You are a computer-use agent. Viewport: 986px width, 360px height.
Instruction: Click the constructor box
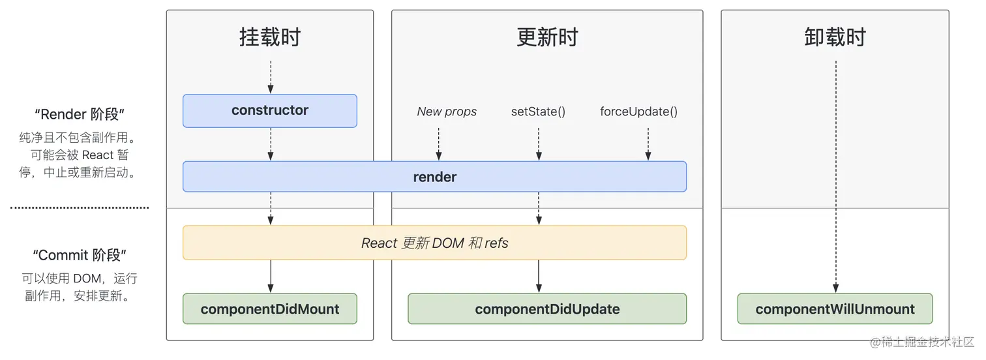[269, 110]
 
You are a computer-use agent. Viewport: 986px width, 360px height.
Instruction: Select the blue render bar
[434, 177]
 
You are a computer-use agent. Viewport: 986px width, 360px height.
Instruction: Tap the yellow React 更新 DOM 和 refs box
[434, 243]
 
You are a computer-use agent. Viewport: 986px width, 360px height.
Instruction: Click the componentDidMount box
[269, 309]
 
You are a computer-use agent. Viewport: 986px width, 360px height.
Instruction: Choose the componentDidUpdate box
[547, 309]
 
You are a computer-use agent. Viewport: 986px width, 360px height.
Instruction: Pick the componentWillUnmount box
[835, 309]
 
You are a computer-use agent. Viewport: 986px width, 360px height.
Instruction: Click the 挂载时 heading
[269, 37]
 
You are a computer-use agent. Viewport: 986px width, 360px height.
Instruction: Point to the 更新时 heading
[547, 37]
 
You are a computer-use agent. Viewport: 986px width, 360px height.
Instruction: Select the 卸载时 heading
[835, 37]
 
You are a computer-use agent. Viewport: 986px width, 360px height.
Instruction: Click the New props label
[447, 112]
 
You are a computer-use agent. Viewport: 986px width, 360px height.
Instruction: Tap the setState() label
[538, 112]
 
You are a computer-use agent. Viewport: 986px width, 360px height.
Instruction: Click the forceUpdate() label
[638, 112]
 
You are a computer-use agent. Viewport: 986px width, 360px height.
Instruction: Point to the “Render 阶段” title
[80, 114]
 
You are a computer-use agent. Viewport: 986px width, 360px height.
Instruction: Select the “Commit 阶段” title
[80, 254]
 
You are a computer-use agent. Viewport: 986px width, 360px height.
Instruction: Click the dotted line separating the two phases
[80, 208]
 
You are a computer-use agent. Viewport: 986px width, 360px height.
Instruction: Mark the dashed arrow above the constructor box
[270, 77]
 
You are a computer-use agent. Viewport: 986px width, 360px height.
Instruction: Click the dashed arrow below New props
[439, 143]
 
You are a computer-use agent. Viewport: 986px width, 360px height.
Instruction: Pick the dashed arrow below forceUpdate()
[648, 143]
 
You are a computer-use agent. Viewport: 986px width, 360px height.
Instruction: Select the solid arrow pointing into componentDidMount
[270, 277]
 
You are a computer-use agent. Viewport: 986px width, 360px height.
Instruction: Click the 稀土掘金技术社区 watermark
[922, 342]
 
